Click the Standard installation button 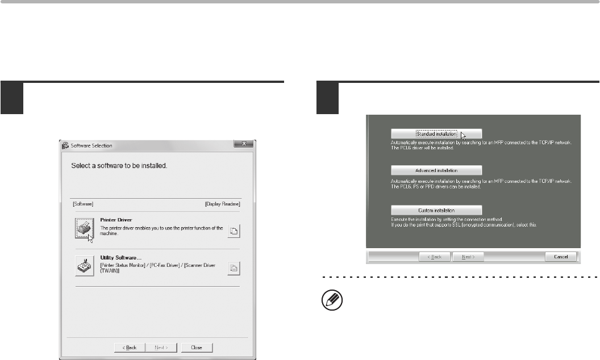click(x=436, y=134)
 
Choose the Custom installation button click(x=436, y=211)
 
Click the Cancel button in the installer click(x=561, y=257)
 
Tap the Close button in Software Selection click(x=197, y=348)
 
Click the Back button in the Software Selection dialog click(x=130, y=348)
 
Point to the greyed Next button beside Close click(x=161, y=348)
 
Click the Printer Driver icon click(x=85, y=228)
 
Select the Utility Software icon click(x=85, y=266)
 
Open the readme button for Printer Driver click(x=234, y=231)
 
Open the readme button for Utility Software click(x=234, y=268)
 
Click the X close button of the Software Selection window click(x=244, y=144)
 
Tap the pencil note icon click(x=332, y=300)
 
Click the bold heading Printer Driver click(x=116, y=220)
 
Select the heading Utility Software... click(x=121, y=257)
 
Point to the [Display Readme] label click(x=223, y=204)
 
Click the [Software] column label click(x=83, y=204)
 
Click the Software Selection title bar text click(x=91, y=146)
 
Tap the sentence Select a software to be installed click(x=119, y=166)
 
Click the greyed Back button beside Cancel click(x=435, y=257)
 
